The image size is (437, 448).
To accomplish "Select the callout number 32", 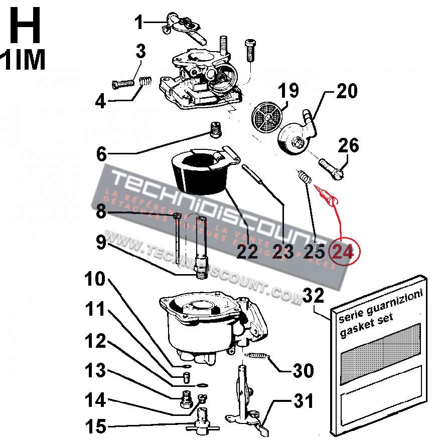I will (316, 296).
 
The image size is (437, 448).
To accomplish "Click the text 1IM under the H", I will (24, 60).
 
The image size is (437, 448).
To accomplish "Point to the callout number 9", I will (100, 243).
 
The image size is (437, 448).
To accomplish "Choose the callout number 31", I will (303, 401).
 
